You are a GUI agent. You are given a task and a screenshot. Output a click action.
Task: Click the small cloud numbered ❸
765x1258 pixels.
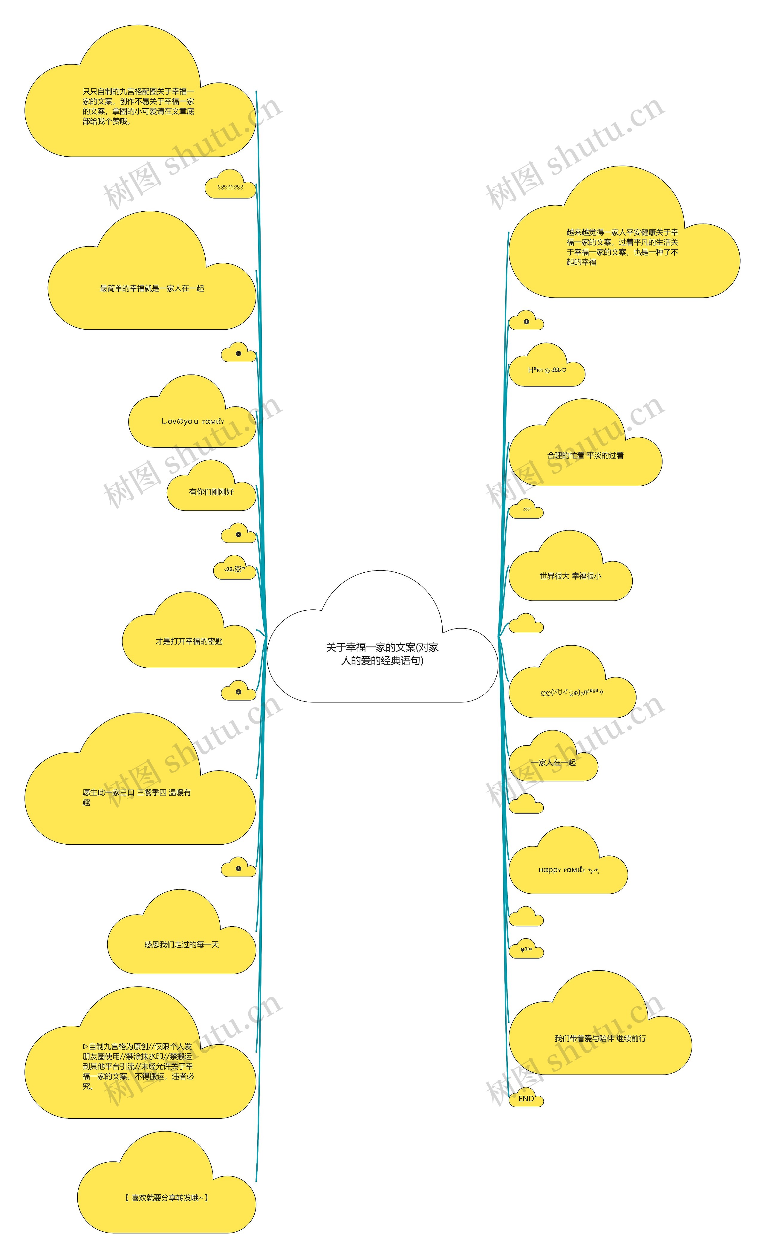pyautogui.click(x=238, y=534)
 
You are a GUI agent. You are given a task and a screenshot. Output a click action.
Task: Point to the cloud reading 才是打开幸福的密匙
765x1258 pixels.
pyautogui.click(x=189, y=641)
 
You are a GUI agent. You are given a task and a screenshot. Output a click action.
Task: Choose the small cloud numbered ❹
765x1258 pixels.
pyautogui.click(x=238, y=692)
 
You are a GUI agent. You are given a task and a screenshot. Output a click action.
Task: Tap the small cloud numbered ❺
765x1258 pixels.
pyautogui.click(x=238, y=869)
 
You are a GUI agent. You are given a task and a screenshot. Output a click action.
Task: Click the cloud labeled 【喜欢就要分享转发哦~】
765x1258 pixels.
pyautogui.click(x=166, y=1197)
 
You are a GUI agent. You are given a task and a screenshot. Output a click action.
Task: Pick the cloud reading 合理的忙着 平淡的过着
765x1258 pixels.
pyautogui.click(x=585, y=455)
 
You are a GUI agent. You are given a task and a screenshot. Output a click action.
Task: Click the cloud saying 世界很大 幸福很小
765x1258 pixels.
pyautogui.click(x=570, y=576)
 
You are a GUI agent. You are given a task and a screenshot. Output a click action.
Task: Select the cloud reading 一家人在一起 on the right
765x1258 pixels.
pyautogui.click(x=553, y=763)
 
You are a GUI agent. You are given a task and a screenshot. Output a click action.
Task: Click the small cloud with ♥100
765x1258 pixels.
pyautogui.click(x=526, y=949)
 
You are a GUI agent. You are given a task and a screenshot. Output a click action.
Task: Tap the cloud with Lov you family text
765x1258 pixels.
pyautogui.click(x=192, y=422)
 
